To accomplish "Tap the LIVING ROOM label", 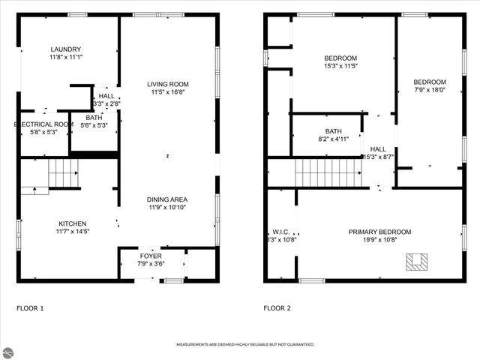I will pyautogui.click(x=167, y=84).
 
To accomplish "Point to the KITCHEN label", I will pyautogui.click(x=73, y=223).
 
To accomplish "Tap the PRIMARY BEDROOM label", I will pyautogui.click(x=379, y=232).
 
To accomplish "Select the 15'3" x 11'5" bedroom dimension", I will pyautogui.click(x=340, y=66).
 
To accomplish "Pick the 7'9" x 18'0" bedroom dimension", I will pyautogui.click(x=430, y=90).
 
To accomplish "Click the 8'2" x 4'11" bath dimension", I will pyautogui.click(x=333, y=139).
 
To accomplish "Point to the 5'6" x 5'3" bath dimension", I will pyautogui.click(x=95, y=125).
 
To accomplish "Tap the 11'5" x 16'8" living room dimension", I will pyautogui.click(x=167, y=92).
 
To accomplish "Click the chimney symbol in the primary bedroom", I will pyautogui.click(x=417, y=261).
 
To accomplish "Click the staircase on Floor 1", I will pyautogui.click(x=63, y=175).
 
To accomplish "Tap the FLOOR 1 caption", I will pyautogui.click(x=30, y=308).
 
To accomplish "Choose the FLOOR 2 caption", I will pyautogui.click(x=277, y=308).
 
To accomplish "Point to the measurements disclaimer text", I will pyautogui.click(x=244, y=344).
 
